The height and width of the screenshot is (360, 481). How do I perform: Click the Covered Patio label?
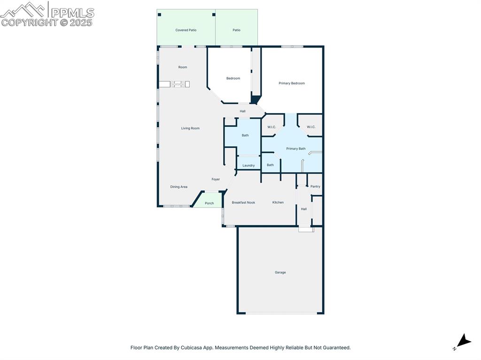[x=186, y=30]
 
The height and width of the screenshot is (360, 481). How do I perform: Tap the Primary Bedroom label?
[x=292, y=83]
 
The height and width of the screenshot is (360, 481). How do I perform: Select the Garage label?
[x=280, y=272]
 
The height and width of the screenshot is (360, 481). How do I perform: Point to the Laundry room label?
[x=248, y=165]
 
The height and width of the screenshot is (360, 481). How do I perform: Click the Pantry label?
[x=315, y=186]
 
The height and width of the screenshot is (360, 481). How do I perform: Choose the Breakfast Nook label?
[x=243, y=202]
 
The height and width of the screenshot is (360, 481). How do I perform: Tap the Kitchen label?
[x=278, y=202]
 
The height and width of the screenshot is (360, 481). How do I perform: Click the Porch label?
[x=209, y=203]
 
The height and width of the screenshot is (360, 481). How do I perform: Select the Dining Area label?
[x=178, y=187]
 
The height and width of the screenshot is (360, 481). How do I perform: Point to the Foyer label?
[x=216, y=179]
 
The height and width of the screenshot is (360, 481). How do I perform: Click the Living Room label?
[x=190, y=128]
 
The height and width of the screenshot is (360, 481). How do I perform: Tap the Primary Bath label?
[x=296, y=149]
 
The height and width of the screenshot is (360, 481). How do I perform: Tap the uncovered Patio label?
[x=236, y=30]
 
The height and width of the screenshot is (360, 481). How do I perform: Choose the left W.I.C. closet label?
[x=272, y=127]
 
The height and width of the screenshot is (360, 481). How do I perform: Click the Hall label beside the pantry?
[x=304, y=209]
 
